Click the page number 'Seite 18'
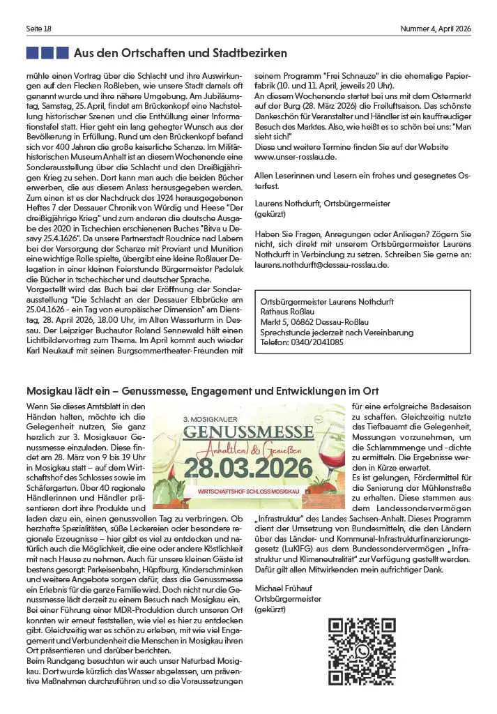38,28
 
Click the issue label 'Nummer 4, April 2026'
436,28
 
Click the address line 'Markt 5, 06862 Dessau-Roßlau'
313,323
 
